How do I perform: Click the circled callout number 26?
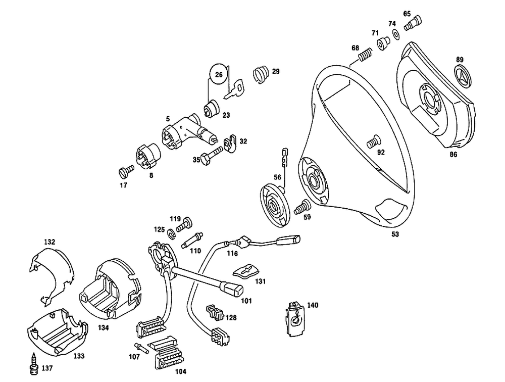point(219,75)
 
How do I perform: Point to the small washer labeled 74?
point(394,34)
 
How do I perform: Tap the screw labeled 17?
point(127,171)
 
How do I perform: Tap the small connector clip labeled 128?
point(214,313)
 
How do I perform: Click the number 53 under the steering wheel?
point(395,234)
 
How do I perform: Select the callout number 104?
point(180,371)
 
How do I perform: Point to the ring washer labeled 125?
point(171,233)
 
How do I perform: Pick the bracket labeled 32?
point(231,144)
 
